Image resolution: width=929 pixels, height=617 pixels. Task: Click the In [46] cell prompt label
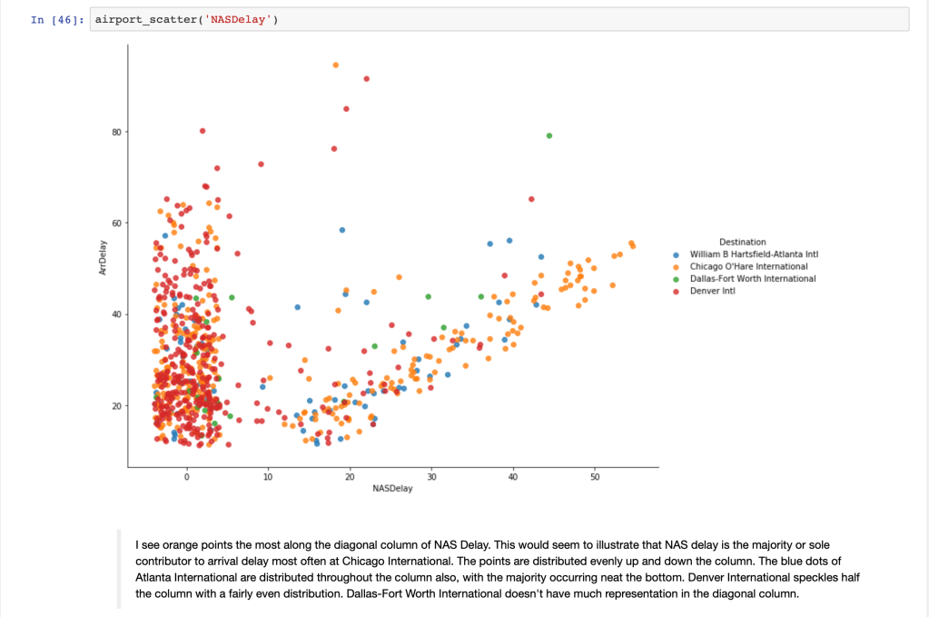pos(55,19)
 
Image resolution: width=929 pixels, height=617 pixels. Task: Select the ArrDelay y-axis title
pos(103,258)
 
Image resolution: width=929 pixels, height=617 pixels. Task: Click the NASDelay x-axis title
pos(392,488)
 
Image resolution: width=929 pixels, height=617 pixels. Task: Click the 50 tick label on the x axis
pos(594,476)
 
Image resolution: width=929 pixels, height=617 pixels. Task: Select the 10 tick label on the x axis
pos(268,476)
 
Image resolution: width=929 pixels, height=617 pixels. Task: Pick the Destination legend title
pos(742,242)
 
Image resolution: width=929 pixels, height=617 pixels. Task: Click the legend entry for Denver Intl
pos(712,291)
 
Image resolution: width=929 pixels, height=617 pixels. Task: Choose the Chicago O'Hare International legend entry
pos(748,266)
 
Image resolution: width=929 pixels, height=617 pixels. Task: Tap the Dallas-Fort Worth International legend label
pos(752,279)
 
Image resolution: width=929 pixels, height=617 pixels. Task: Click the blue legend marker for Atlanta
pos(676,254)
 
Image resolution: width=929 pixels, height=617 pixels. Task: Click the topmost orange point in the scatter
pos(335,65)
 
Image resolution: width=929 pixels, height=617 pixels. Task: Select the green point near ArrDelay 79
pos(549,135)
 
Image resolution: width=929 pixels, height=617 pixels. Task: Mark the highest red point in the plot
pos(367,79)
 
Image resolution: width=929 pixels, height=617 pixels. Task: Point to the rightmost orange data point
pos(633,245)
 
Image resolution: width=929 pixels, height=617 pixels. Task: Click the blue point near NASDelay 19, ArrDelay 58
pos(342,230)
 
